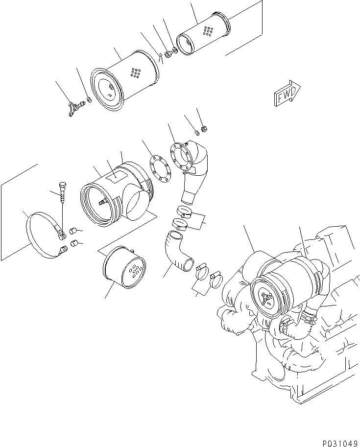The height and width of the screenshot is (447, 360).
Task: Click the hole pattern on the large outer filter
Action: click(134, 73)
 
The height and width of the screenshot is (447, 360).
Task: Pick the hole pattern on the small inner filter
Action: click(208, 31)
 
